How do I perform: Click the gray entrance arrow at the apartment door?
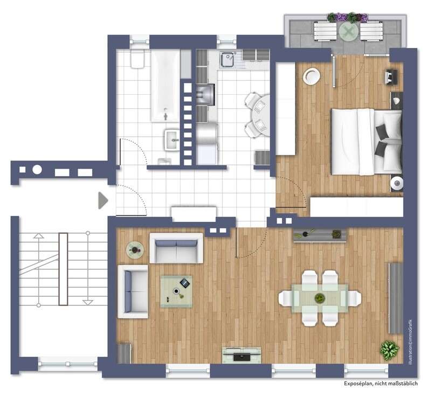click(102, 201)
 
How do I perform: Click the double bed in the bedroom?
click(365, 142)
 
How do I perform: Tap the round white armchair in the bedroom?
click(312, 76)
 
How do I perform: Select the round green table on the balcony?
click(348, 32)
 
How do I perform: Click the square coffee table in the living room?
click(176, 291)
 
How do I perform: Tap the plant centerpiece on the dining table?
click(320, 298)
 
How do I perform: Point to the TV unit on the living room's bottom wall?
click(241, 355)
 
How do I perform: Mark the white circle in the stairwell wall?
click(37, 170)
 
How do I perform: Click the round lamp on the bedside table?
click(397, 184)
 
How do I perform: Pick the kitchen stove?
click(205, 95)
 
